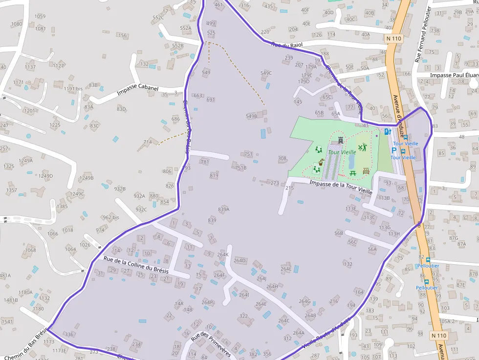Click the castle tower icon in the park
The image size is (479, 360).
point(341,141)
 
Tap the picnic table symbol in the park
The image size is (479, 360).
point(352,172)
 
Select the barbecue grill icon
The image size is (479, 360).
point(366,171)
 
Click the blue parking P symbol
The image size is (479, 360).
point(394,151)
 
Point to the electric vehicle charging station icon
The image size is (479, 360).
point(387,131)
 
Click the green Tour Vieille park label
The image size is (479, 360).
point(342,152)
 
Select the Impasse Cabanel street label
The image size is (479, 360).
point(137,90)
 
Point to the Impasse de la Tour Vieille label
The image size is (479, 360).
point(341,186)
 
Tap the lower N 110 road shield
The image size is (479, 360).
point(439,336)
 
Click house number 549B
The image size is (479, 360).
point(251,116)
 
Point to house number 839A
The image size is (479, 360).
point(223,209)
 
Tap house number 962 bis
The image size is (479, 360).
point(110,217)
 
